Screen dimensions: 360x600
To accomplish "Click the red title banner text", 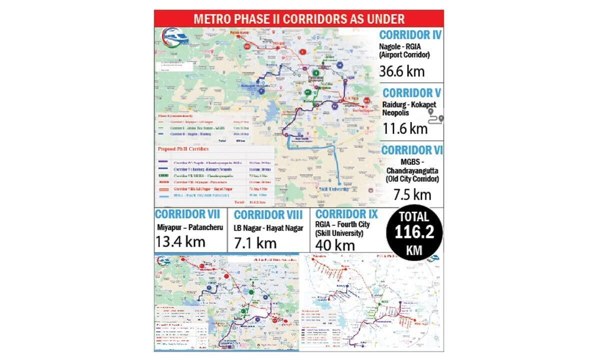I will (x=298, y=19).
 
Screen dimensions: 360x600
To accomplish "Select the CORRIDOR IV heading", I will (x=410, y=35).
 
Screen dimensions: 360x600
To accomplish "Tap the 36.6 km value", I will (x=402, y=70).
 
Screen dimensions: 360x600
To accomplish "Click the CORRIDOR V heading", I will (x=412, y=93).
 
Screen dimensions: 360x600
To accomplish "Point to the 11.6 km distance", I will (x=405, y=128).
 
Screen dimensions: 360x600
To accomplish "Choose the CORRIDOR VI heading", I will (x=412, y=150).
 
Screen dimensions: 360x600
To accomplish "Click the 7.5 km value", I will (x=412, y=194).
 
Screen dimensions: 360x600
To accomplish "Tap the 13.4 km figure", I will (x=180, y=242).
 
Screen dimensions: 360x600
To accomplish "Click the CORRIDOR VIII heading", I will (x=268, y=215).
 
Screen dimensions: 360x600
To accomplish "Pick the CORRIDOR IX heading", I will (x=344, y=215).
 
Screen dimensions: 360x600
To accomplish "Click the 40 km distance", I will (x=332, y=245).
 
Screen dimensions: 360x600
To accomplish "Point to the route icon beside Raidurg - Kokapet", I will (x=435, y=117).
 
